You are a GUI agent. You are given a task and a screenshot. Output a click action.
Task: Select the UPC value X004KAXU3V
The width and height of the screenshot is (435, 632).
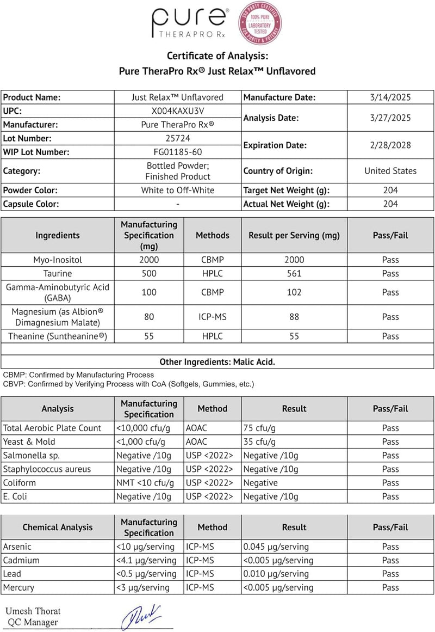click(178, 111)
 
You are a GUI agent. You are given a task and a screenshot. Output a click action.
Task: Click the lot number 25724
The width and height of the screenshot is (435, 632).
click(178, 138)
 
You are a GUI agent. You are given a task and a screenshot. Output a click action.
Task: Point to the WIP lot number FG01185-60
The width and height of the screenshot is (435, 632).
click(178, 152)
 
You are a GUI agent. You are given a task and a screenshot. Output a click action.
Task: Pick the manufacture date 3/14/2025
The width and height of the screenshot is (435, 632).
click(390, 97)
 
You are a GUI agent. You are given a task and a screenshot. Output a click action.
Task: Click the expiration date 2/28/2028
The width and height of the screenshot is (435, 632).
click(390, 145)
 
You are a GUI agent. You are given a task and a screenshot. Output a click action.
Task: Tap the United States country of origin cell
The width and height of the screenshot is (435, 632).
click(390, 171)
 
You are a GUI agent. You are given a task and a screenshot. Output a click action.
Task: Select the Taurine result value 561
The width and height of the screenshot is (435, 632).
click(294, 274)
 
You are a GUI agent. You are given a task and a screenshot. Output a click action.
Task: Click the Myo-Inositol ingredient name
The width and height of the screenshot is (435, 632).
click(58, 260)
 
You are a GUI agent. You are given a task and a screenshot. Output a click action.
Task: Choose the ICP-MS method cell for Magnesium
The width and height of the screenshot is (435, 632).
click(212, 317)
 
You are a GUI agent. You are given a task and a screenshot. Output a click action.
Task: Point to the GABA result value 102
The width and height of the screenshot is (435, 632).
click(294, 292)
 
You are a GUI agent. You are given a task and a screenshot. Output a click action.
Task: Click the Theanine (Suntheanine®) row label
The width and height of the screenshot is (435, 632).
click(58, 336)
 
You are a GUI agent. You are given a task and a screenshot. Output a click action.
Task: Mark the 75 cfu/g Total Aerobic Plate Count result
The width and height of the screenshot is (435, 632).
click(258, 428)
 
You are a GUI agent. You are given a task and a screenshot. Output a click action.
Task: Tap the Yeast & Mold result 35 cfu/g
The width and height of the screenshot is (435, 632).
click(258, 441)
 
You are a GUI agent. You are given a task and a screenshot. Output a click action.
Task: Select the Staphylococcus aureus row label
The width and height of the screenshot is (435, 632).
click(47, 469)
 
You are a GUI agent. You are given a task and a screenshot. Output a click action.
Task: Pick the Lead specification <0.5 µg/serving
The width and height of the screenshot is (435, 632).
click(146, 574)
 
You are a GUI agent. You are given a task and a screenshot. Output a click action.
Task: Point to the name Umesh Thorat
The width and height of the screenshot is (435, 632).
click(34, 611)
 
